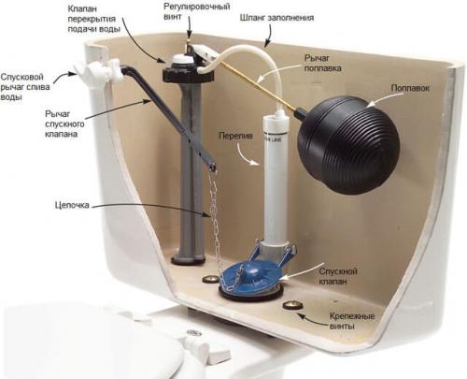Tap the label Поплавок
click(410, 88)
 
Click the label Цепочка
click(72, 205)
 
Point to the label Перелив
click(236, 136)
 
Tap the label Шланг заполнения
click(276, 18)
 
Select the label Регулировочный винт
click(196, 11)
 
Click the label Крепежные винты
click(352, 321)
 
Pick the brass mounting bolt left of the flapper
click(210, 279)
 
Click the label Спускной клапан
click(338, 276)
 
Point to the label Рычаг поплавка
click(322, 63)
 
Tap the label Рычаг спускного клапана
click(64, 124)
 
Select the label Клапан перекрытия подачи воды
click(93, 19)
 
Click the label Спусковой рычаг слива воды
click(25, 87)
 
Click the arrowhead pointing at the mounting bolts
click(301, 316)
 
